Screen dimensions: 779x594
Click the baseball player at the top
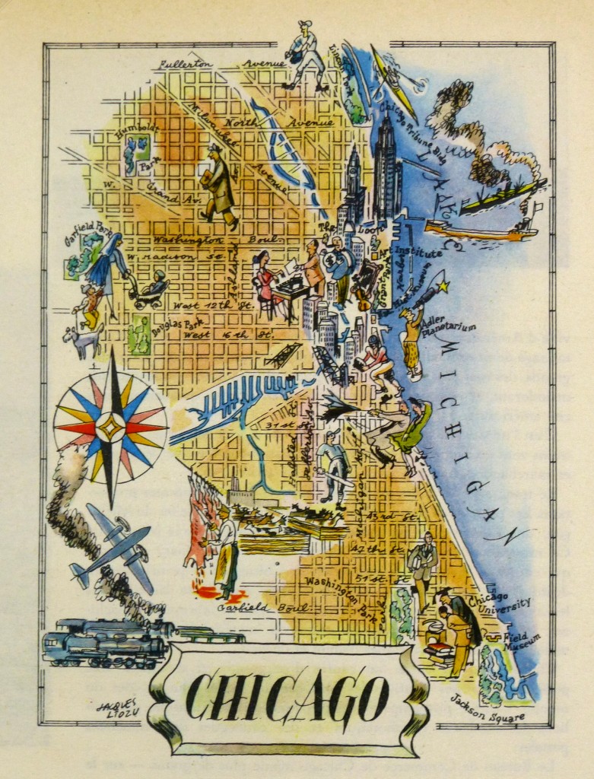click(306, 55)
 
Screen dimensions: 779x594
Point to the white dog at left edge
click(85, 339)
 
